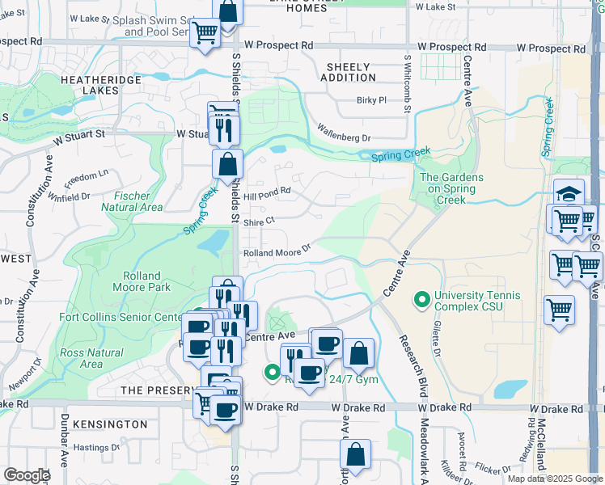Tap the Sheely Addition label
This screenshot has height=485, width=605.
[348, 72]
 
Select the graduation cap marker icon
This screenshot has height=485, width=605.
[569, 193]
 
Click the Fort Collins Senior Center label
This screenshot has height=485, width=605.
[121, 317]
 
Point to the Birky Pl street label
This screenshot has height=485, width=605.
[372, 101]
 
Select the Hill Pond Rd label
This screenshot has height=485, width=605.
[267, 192]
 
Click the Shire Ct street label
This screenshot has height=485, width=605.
[260, 219]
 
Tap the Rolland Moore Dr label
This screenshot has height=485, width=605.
[277, 252]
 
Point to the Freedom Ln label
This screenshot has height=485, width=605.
[87, 175]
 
